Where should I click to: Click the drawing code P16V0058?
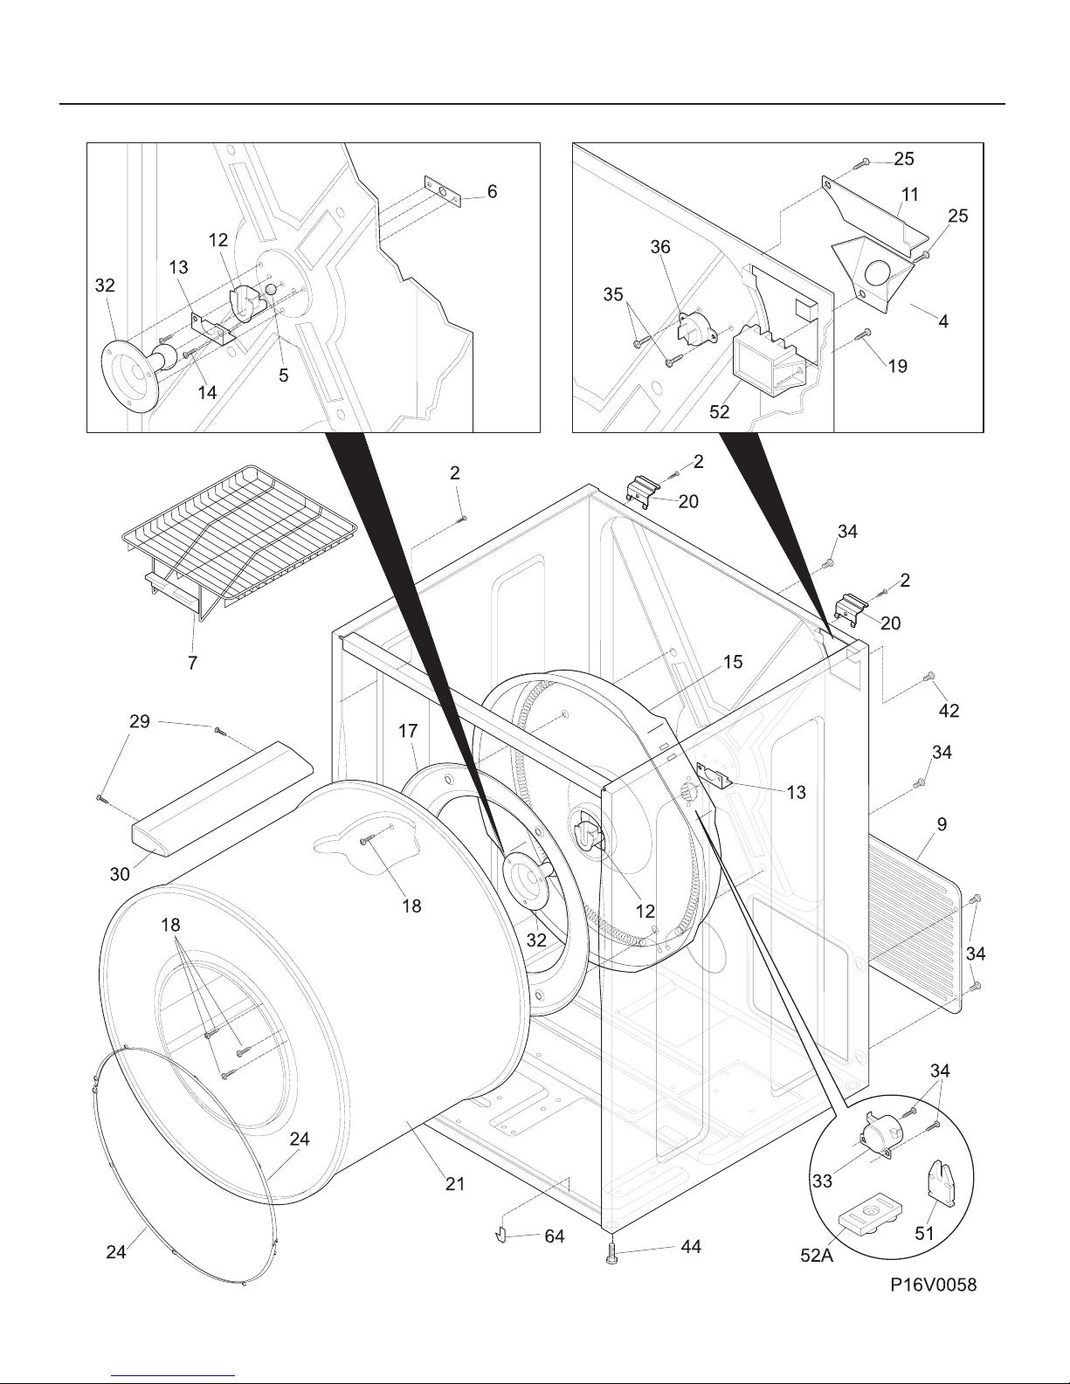click(x=933, y=1284)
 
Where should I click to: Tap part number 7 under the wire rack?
click(x=192, y=663)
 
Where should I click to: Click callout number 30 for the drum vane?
click(x=120, y=874)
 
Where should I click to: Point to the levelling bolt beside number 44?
click(x=612, y=1253)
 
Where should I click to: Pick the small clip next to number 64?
click(x=500, y=1236)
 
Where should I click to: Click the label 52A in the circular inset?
click(x=818, y=1256)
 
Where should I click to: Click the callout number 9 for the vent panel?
click(x=942, y=825)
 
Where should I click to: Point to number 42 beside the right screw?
click(x=949, y=711)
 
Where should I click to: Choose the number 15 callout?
click(x=733, y=663)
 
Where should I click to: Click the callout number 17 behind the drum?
click(x=408, y=731)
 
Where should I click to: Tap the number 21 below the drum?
click(x=455, y=1184)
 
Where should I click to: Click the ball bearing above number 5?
click(x=270, y=290)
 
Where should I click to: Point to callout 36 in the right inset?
click(x=660, y=247)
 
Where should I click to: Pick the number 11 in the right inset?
click(x=910, y=195)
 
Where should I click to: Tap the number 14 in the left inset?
click(x=207, y=393)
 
